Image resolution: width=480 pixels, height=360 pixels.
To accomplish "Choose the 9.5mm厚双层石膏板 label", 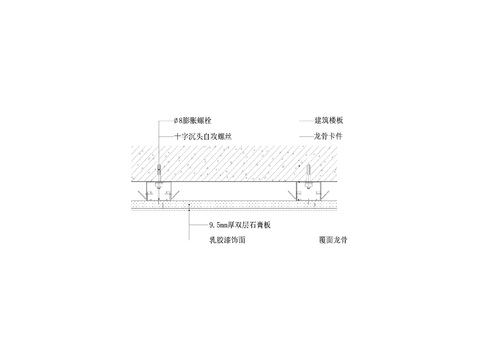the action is (239, 226).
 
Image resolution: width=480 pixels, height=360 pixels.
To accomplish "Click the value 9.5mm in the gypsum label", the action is (209, 226).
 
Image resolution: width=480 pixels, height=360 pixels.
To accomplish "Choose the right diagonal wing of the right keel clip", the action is (323, 190).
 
